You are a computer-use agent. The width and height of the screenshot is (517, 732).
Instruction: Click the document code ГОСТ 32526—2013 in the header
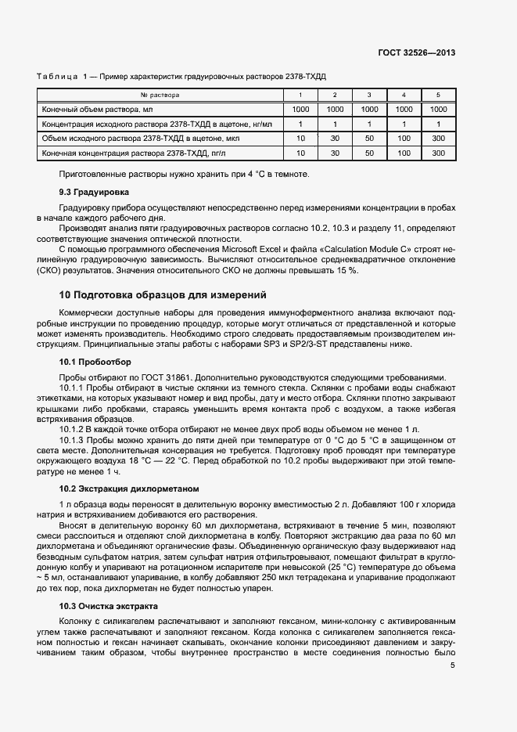418,53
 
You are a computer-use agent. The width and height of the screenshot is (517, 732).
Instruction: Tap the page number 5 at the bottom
453,666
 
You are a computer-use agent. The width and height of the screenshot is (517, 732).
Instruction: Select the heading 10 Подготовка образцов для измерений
163,295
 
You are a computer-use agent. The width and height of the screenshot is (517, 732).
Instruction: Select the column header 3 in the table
369,95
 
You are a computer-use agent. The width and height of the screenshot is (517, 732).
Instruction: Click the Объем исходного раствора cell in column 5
438,139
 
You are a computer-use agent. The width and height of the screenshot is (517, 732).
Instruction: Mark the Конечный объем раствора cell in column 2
335,110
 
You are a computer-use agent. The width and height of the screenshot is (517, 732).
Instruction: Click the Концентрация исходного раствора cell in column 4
404,124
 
